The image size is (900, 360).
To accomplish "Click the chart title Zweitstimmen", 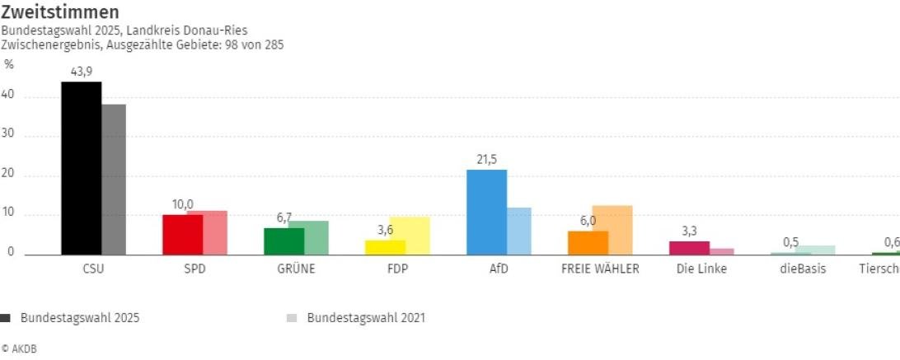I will [x=59, y=12].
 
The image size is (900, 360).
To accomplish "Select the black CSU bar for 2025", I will [x=81, y=168].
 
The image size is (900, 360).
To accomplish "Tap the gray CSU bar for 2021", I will [x=114, y=180].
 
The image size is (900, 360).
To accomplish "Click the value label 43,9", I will [x=81, y=72].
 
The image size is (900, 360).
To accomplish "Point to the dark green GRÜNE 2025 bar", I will [x=284, y=241].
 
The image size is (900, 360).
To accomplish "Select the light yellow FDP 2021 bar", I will [x=410, y=236].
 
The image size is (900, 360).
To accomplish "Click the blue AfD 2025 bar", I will [x=486, y=213].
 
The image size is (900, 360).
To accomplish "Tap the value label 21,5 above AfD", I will [x=486, y=160].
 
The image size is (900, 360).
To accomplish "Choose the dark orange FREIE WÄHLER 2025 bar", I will [x=588, y=243].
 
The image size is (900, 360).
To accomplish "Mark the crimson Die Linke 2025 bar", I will [x=689, y=248].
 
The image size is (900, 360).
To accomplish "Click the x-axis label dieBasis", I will [x=802, y=269].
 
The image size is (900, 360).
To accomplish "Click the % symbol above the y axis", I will [x=9, y=64].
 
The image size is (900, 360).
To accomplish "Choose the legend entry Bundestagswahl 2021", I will [x=366, y=317].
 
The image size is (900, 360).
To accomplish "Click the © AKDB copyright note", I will [x=19, y=349].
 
